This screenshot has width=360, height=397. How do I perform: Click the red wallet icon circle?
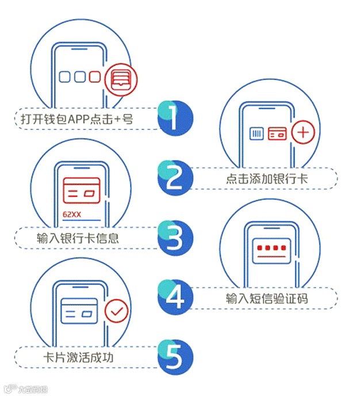(121, 79)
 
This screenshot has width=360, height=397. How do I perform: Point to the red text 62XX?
(72, 215)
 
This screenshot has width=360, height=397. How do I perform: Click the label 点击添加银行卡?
(267, 179)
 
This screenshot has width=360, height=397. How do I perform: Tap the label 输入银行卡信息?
(78, 238)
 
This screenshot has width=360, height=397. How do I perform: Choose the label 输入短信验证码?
(267, 299)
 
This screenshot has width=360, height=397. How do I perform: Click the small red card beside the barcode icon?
(278, 134)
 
